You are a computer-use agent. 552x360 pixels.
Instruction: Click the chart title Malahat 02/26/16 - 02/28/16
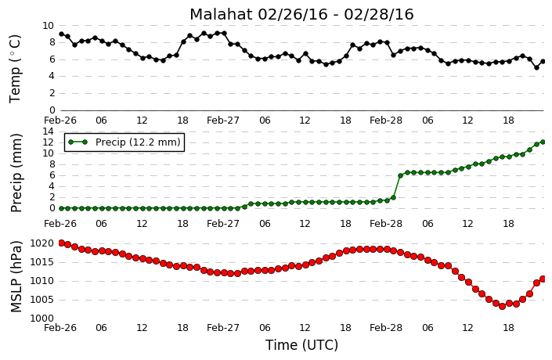pos(301,15)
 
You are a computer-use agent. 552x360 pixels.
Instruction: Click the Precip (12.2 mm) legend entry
pos(124,142)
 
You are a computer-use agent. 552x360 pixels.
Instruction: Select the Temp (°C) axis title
pos(15,69)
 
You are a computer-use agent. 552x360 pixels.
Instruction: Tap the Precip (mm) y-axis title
pos(16,173)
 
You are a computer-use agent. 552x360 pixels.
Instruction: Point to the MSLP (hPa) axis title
pos(16,276)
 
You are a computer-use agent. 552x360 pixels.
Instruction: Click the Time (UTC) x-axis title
pos(301,345)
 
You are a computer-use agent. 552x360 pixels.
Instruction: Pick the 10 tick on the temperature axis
pos(49,26)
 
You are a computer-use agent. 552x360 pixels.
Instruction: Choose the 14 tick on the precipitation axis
pos(49,131)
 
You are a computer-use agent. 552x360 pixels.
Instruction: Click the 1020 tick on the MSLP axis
pos(42,243)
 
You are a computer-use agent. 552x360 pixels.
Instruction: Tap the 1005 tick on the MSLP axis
pos(42,300)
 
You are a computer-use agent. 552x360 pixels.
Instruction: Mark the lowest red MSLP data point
pos(503,306)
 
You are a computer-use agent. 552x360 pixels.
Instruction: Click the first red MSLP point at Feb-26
pos(61,243)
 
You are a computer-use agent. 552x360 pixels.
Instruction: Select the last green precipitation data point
pos(543,142)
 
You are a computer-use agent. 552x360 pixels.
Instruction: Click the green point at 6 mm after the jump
pos(400,175)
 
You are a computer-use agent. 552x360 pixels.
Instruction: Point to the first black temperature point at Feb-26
pos(61,34)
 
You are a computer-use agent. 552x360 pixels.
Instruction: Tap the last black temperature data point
pos(543,62)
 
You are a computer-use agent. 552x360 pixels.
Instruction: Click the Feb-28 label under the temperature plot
pos(386,121)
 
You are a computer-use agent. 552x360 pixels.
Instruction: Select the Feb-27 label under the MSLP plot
pos(223,328)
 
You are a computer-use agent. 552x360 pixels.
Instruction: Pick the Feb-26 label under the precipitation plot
pos(60,224)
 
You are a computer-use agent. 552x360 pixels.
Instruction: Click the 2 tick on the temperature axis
pos(52,93)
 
